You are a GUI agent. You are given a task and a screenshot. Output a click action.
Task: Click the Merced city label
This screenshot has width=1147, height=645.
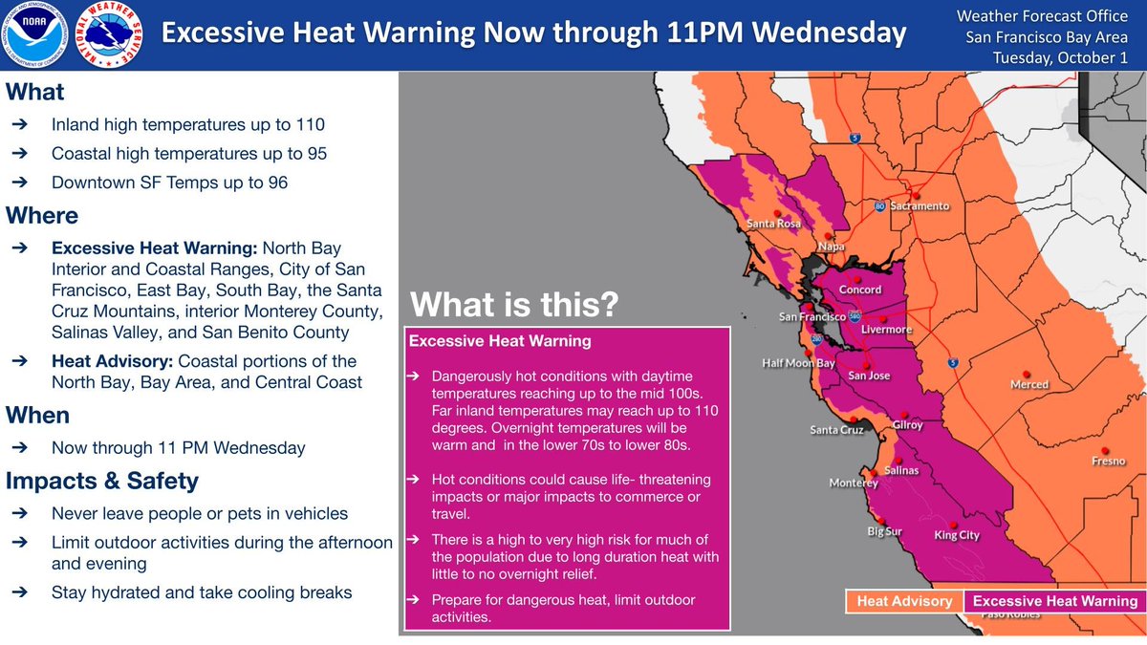[x=1029, y=384]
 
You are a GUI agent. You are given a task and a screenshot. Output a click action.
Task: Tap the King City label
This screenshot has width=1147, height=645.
[x=957, y=535]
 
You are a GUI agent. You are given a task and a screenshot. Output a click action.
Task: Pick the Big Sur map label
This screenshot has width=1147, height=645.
[x=884, y=531]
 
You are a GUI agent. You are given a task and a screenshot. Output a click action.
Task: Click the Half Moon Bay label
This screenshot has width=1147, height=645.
[x=799, y=363]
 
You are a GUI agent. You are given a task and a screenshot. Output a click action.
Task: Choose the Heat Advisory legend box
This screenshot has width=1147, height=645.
[x=903, y=601]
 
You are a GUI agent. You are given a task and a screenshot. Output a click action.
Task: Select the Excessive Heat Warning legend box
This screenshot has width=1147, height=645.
[x=1055, y=601]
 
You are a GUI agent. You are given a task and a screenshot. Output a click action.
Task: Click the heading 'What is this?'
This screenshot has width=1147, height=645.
[x=515, y=307]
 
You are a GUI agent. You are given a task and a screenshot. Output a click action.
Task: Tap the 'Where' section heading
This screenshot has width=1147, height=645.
[x=42, y=215]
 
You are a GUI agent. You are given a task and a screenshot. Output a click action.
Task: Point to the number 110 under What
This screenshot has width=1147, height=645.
[x=310, y=125]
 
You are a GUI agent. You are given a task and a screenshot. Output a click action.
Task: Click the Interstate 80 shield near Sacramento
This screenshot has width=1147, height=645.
[x=879, y=205]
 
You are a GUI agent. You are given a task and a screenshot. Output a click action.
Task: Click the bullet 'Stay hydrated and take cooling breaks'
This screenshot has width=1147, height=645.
[x=202, y=592]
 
